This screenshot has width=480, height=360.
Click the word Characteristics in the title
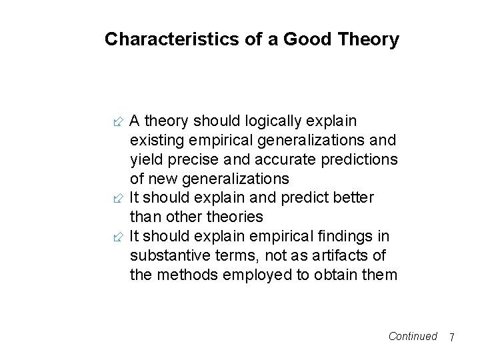pos(172,39)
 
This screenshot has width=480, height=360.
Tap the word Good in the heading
pos(307,39)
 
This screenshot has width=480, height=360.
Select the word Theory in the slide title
pos(369,40)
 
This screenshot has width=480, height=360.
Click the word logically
pos(273,121)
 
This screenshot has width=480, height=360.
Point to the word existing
pos(157,141)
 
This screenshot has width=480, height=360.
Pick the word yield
pos(146,160)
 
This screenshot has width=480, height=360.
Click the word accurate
pos(285,160)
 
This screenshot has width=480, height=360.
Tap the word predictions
pos(359,160)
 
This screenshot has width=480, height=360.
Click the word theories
pos(235,217)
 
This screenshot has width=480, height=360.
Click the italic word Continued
pos(413,336)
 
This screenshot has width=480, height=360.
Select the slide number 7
pos(452,337)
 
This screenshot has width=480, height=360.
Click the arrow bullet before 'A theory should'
pos(118,121)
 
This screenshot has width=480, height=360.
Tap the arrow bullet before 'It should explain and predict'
pos(118,199)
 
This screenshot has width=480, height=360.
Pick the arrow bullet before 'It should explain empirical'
pos(118,237)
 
